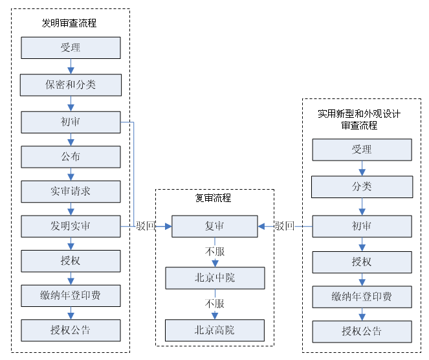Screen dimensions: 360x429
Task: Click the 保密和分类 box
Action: (71, 85)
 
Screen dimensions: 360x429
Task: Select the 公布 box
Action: (71, 156)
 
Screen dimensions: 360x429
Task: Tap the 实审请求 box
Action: (71, 192)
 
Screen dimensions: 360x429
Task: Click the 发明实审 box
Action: (71, 227)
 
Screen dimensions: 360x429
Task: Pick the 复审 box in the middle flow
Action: (215, 227)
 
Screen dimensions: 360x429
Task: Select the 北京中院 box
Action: (215, 278)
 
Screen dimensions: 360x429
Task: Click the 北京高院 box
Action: (215, 330)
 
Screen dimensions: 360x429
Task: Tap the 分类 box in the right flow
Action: (362, 187)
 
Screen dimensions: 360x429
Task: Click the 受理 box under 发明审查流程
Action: (71, 48)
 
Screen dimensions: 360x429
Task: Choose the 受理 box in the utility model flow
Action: (362, 150)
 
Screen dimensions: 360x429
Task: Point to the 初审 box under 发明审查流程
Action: (71, 122)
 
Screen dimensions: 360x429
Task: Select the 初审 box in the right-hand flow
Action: (362, 226)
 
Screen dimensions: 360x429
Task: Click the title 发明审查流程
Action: (69, 23)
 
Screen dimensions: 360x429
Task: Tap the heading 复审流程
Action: (214, 198)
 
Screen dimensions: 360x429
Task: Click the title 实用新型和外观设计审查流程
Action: (359, 120)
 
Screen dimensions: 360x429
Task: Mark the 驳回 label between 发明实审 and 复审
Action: (146, 226)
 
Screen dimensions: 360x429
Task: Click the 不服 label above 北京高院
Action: (215, 304)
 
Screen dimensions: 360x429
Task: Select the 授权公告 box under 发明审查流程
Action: (71, 330)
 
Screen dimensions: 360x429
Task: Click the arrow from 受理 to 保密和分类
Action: (71, 66)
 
